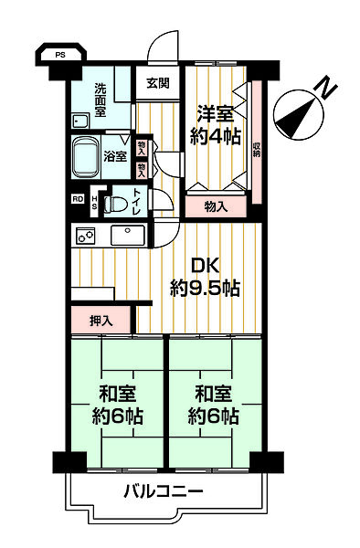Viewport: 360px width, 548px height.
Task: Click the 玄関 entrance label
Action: [x=156, y=83]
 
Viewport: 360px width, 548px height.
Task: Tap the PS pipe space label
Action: [x=60, y=55]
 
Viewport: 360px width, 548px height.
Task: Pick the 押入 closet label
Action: [x=101, y=321]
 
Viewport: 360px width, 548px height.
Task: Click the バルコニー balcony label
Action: [x=164, y=493]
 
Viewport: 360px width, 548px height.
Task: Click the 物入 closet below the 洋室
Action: [x=216, y=206]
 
